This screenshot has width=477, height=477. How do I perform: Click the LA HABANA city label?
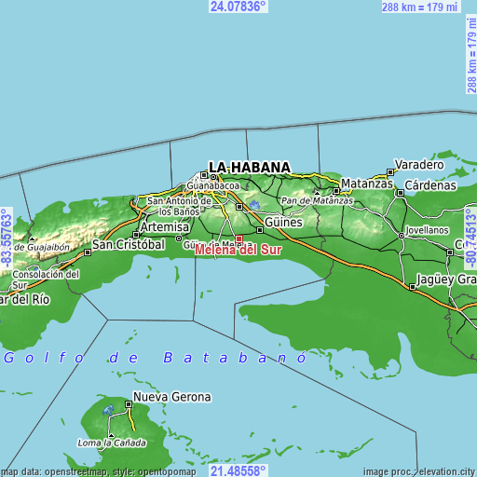point(249,168)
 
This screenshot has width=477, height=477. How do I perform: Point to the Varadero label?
point(419,164)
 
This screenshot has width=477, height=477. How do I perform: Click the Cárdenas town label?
point(429,184)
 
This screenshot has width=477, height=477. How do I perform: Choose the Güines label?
point(283,224)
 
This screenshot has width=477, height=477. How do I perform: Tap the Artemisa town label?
point(163,227)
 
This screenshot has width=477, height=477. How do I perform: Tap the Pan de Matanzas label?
point(318,201)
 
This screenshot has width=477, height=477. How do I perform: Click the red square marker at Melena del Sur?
point(238,238)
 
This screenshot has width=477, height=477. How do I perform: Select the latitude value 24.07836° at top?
point(238,6)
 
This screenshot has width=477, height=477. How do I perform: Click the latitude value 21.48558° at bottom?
point(238,470)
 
